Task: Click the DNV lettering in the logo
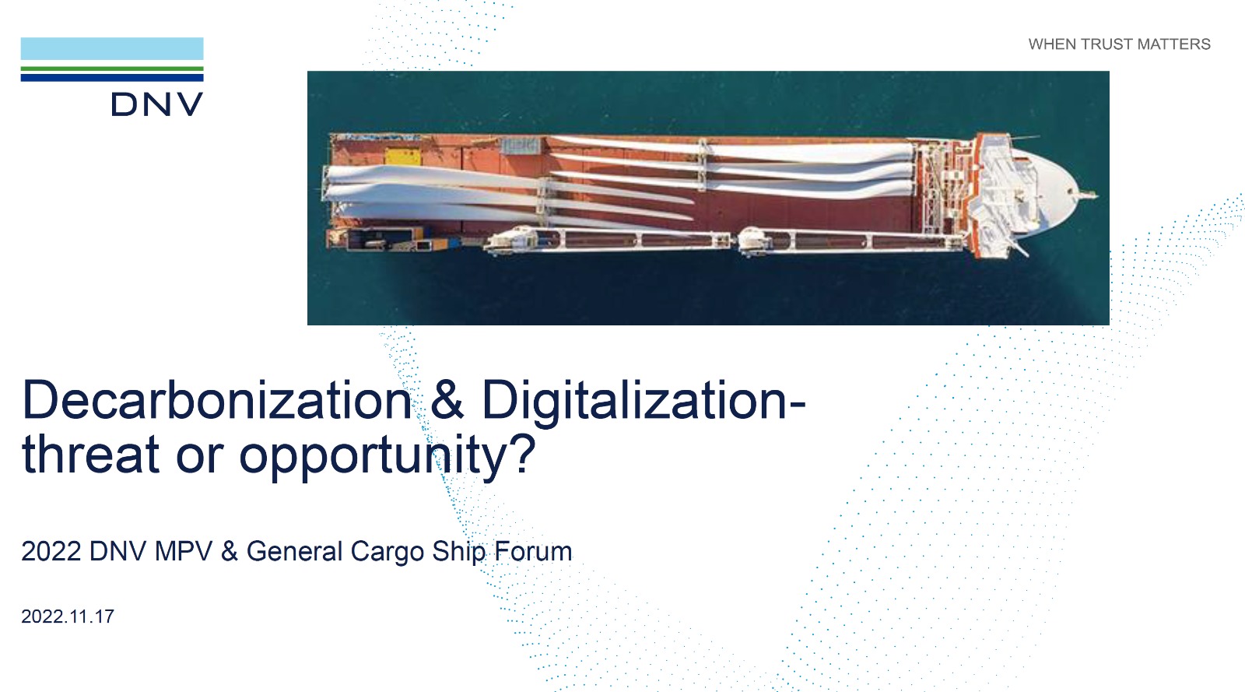pyautogui.click(x=157, y=104)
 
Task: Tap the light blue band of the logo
pyautogui.click(x=112, y=48)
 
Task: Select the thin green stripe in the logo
pyautogui.click(x=112, y=69)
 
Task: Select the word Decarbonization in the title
pyautogui.click(x=217, y=400)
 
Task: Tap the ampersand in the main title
pyautogui.click(x=447, y=400)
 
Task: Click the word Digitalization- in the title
pyautogui.click(x=644, y=402)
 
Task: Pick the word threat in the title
pyautogui.click(x=90, y=455)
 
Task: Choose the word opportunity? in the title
pyautogui.click(x=387, y=457)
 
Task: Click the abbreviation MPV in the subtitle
pyautogui.click(x=184, y=551)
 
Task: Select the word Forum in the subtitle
pyautogui.click(x=533, y=551)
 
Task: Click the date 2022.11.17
pyautogui.click(x=68, y=616)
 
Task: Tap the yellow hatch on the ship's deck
pyautogui.click(x=403, y=156)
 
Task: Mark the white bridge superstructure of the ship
pyautogui.click(x=1006, y=195)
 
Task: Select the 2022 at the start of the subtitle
pyautogui.click(x=51, y=551)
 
